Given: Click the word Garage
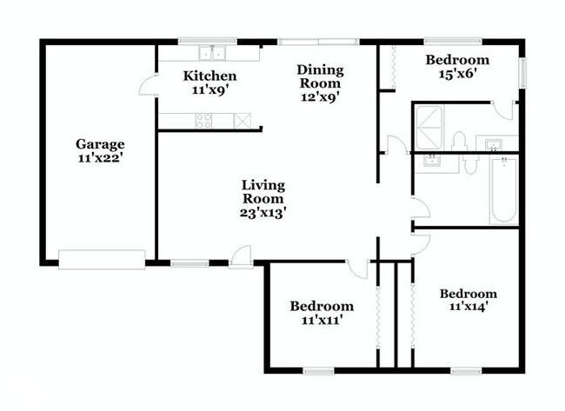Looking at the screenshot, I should pos(100,144).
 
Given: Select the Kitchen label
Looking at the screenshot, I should pos(209,76).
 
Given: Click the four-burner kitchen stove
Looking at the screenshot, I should pos(204,122).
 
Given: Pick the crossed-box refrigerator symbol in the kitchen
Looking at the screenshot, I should pos(243,121).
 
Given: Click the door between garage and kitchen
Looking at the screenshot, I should pos(150,85).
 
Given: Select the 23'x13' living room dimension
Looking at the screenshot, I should pos(263,211).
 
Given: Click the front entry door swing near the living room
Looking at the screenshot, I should pos(242,255).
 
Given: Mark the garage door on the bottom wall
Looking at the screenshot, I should pos(102,259).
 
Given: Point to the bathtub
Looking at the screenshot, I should pos(503,191).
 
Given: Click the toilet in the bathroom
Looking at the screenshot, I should pos(461,140).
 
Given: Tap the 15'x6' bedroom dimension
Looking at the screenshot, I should pos(457,76).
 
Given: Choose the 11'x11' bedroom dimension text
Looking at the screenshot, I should pos(322,320).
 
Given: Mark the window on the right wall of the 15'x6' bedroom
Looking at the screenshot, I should pos(522,72).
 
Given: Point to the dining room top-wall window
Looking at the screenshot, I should pos(317,41).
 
